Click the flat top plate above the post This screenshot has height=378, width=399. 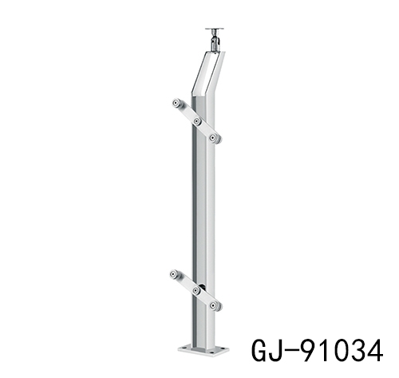[213, 30]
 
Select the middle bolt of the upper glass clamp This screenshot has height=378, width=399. [196, 121]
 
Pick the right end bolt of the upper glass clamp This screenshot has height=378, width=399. [214, 138]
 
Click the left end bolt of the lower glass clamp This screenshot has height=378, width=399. [175, 275]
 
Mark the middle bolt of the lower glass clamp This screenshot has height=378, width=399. [196, 292]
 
